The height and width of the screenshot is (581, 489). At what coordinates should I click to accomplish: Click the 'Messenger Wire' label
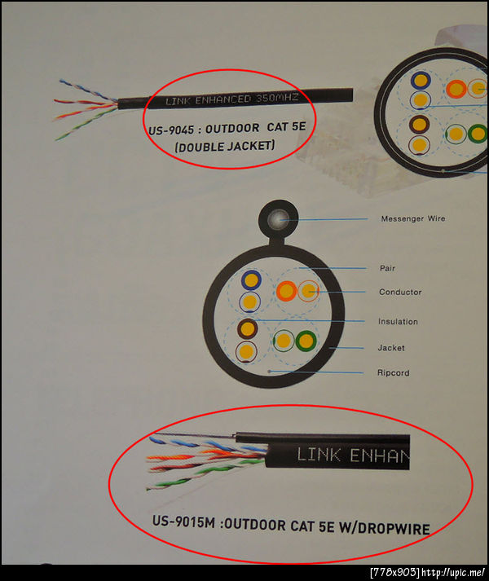[x=413, y=218]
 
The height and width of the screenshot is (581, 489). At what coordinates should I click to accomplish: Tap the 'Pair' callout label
[x=387, y=268]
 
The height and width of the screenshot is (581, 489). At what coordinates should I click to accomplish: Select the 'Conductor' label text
[x=400, y=292]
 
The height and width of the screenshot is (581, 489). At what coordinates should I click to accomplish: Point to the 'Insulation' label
[x=398, y=322]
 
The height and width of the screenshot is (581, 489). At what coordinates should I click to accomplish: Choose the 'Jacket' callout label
[x=391, y=348]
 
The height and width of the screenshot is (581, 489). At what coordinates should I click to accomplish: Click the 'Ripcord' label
[x=393, y=372]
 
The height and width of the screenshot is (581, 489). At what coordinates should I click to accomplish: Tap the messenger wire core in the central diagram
[x=278, y=219]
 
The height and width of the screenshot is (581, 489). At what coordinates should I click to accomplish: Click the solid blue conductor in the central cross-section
[x=251, y=279]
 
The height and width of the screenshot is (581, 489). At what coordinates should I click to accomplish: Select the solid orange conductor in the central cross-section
[x=286, y=290]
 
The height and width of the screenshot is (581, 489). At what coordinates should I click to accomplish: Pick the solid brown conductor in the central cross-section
[x=247, y=328]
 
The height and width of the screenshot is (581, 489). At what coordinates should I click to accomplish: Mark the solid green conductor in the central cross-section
[x=306, y=341]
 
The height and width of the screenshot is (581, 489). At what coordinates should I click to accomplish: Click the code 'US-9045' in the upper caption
[x=171, y=130]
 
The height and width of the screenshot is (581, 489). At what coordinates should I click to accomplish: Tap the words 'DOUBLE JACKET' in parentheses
[x=225, y=146]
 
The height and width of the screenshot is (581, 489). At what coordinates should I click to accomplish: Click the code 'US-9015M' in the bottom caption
[x=183, y=522]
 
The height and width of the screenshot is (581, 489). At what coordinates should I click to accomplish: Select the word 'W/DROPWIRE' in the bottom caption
[x=385, y=528]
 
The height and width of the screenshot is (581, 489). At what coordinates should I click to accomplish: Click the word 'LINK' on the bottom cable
[x=319, y=454]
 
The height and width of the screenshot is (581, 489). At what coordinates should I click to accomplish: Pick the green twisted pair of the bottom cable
[x=193, y=478]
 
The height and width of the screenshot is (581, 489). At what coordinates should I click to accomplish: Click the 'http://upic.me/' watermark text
[x=453, y=573]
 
